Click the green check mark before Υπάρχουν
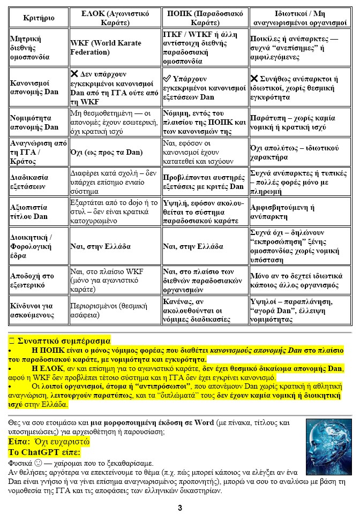pos(167,79)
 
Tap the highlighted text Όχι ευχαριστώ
pos(63,442)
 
